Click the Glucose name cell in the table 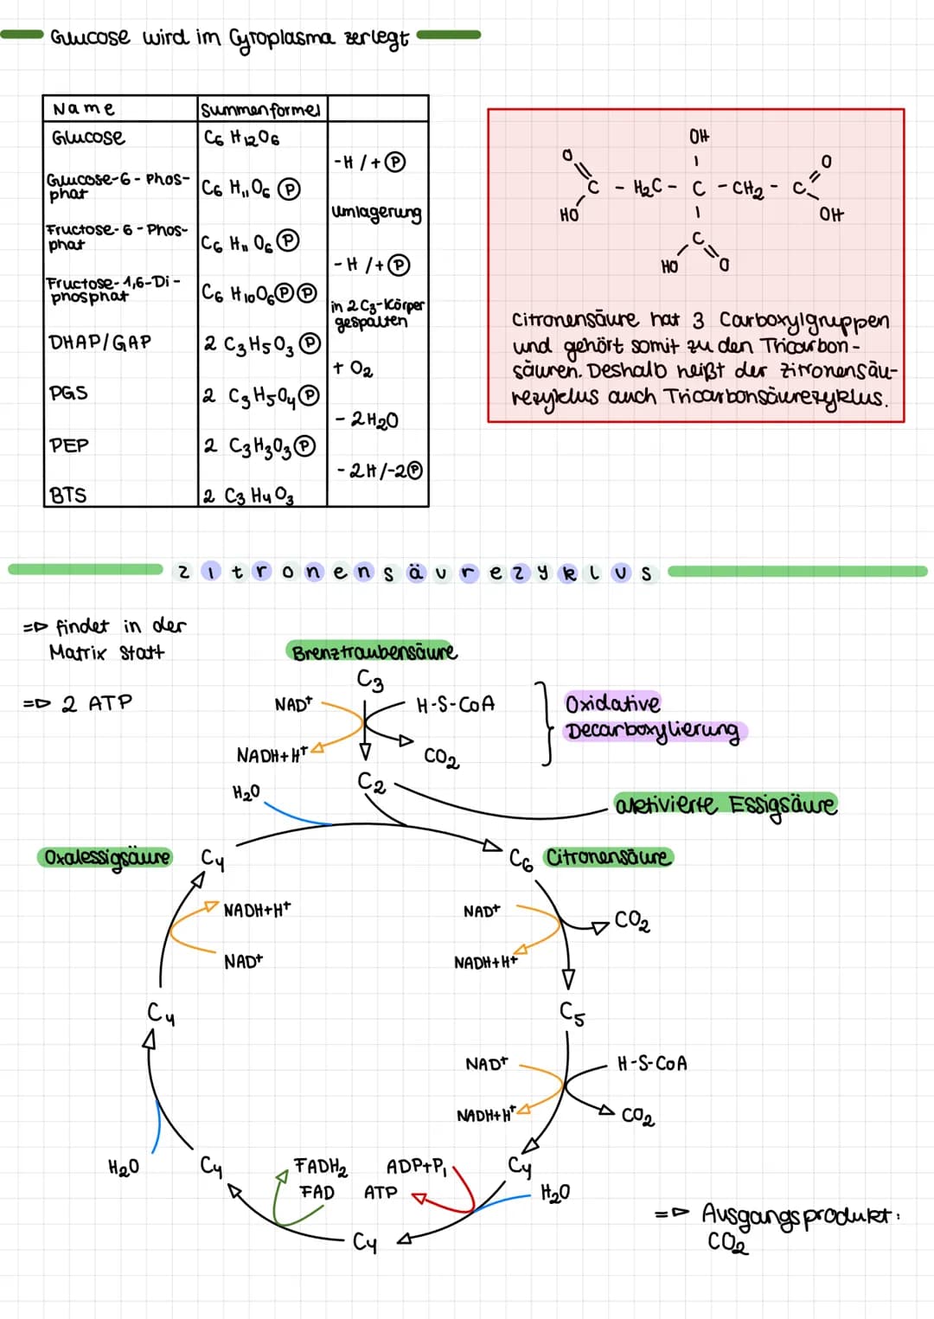coord(87,138)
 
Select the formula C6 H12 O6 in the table coord(241,138)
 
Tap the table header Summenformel coord(260,110)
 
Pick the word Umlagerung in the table coord(376,213)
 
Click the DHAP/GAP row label coord(99,343)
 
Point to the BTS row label coord(68,496)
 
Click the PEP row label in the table coord(69,445)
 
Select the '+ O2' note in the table coord(353,368)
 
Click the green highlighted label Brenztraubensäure coord(374,652)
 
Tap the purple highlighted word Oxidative coord(612,703)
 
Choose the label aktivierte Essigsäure coord(726,805)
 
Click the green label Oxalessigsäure coord(106,858)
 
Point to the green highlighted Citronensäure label coord(608,857)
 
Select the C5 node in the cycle coord(572,1012)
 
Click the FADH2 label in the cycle coord(320,1167)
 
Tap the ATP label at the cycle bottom coord(381,1193)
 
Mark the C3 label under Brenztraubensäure coord(370,682)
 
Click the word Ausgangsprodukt coord(799,1214)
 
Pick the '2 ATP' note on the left coord(97,703)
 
